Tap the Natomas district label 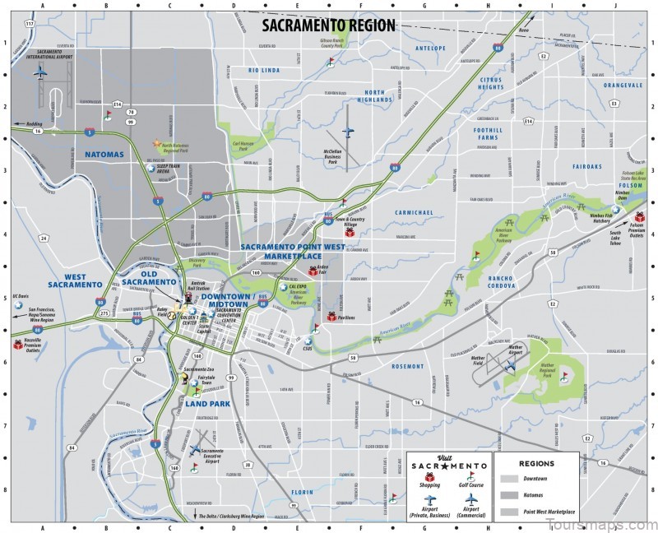[104, 154]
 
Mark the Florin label [303, 491]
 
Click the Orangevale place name [598, 85]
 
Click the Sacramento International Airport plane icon [40, 72]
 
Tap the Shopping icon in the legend [429, 476]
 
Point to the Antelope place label [432, 48]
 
